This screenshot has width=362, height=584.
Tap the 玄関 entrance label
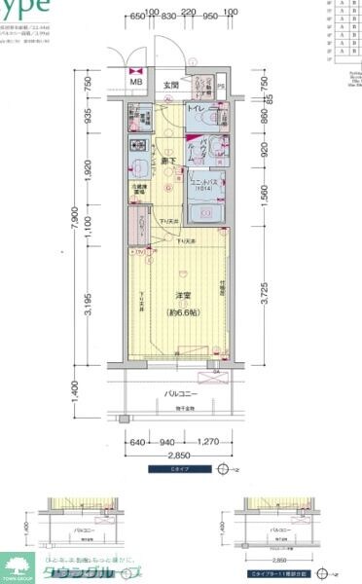tap(172, 86)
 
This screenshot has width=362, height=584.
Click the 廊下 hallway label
tap(167, 160)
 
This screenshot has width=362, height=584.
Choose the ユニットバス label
tap(202, 181)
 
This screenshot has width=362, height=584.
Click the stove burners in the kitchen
tap(137, 148)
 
